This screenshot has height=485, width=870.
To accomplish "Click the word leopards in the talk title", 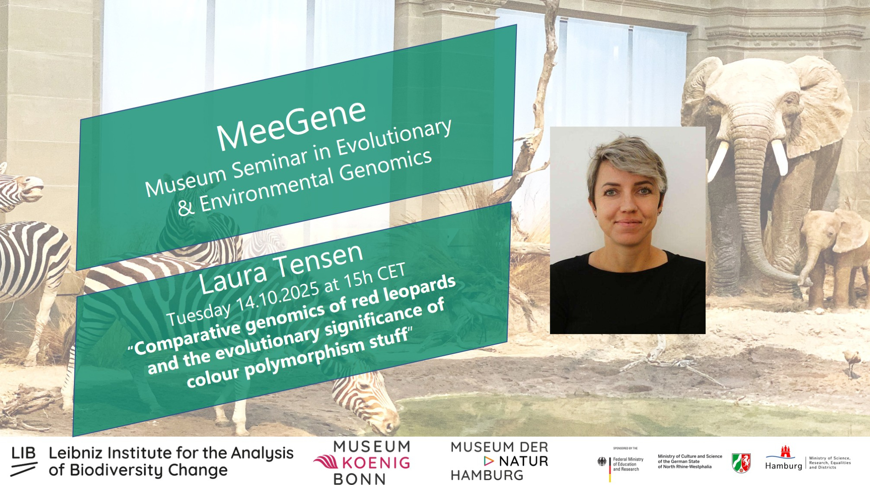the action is point(419,288).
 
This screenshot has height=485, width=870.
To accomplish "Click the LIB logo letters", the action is point(23,453).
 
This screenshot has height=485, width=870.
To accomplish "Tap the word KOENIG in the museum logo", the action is point(376,462).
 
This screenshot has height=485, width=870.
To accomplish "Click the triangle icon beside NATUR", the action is point(489,461).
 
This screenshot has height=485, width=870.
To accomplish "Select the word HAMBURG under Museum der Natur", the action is point(487,475).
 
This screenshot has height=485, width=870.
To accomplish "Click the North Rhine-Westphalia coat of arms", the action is point(741,463).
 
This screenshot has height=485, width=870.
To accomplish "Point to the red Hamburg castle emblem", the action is point(785,452).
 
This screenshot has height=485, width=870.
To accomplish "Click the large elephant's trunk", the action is point(755,209).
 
